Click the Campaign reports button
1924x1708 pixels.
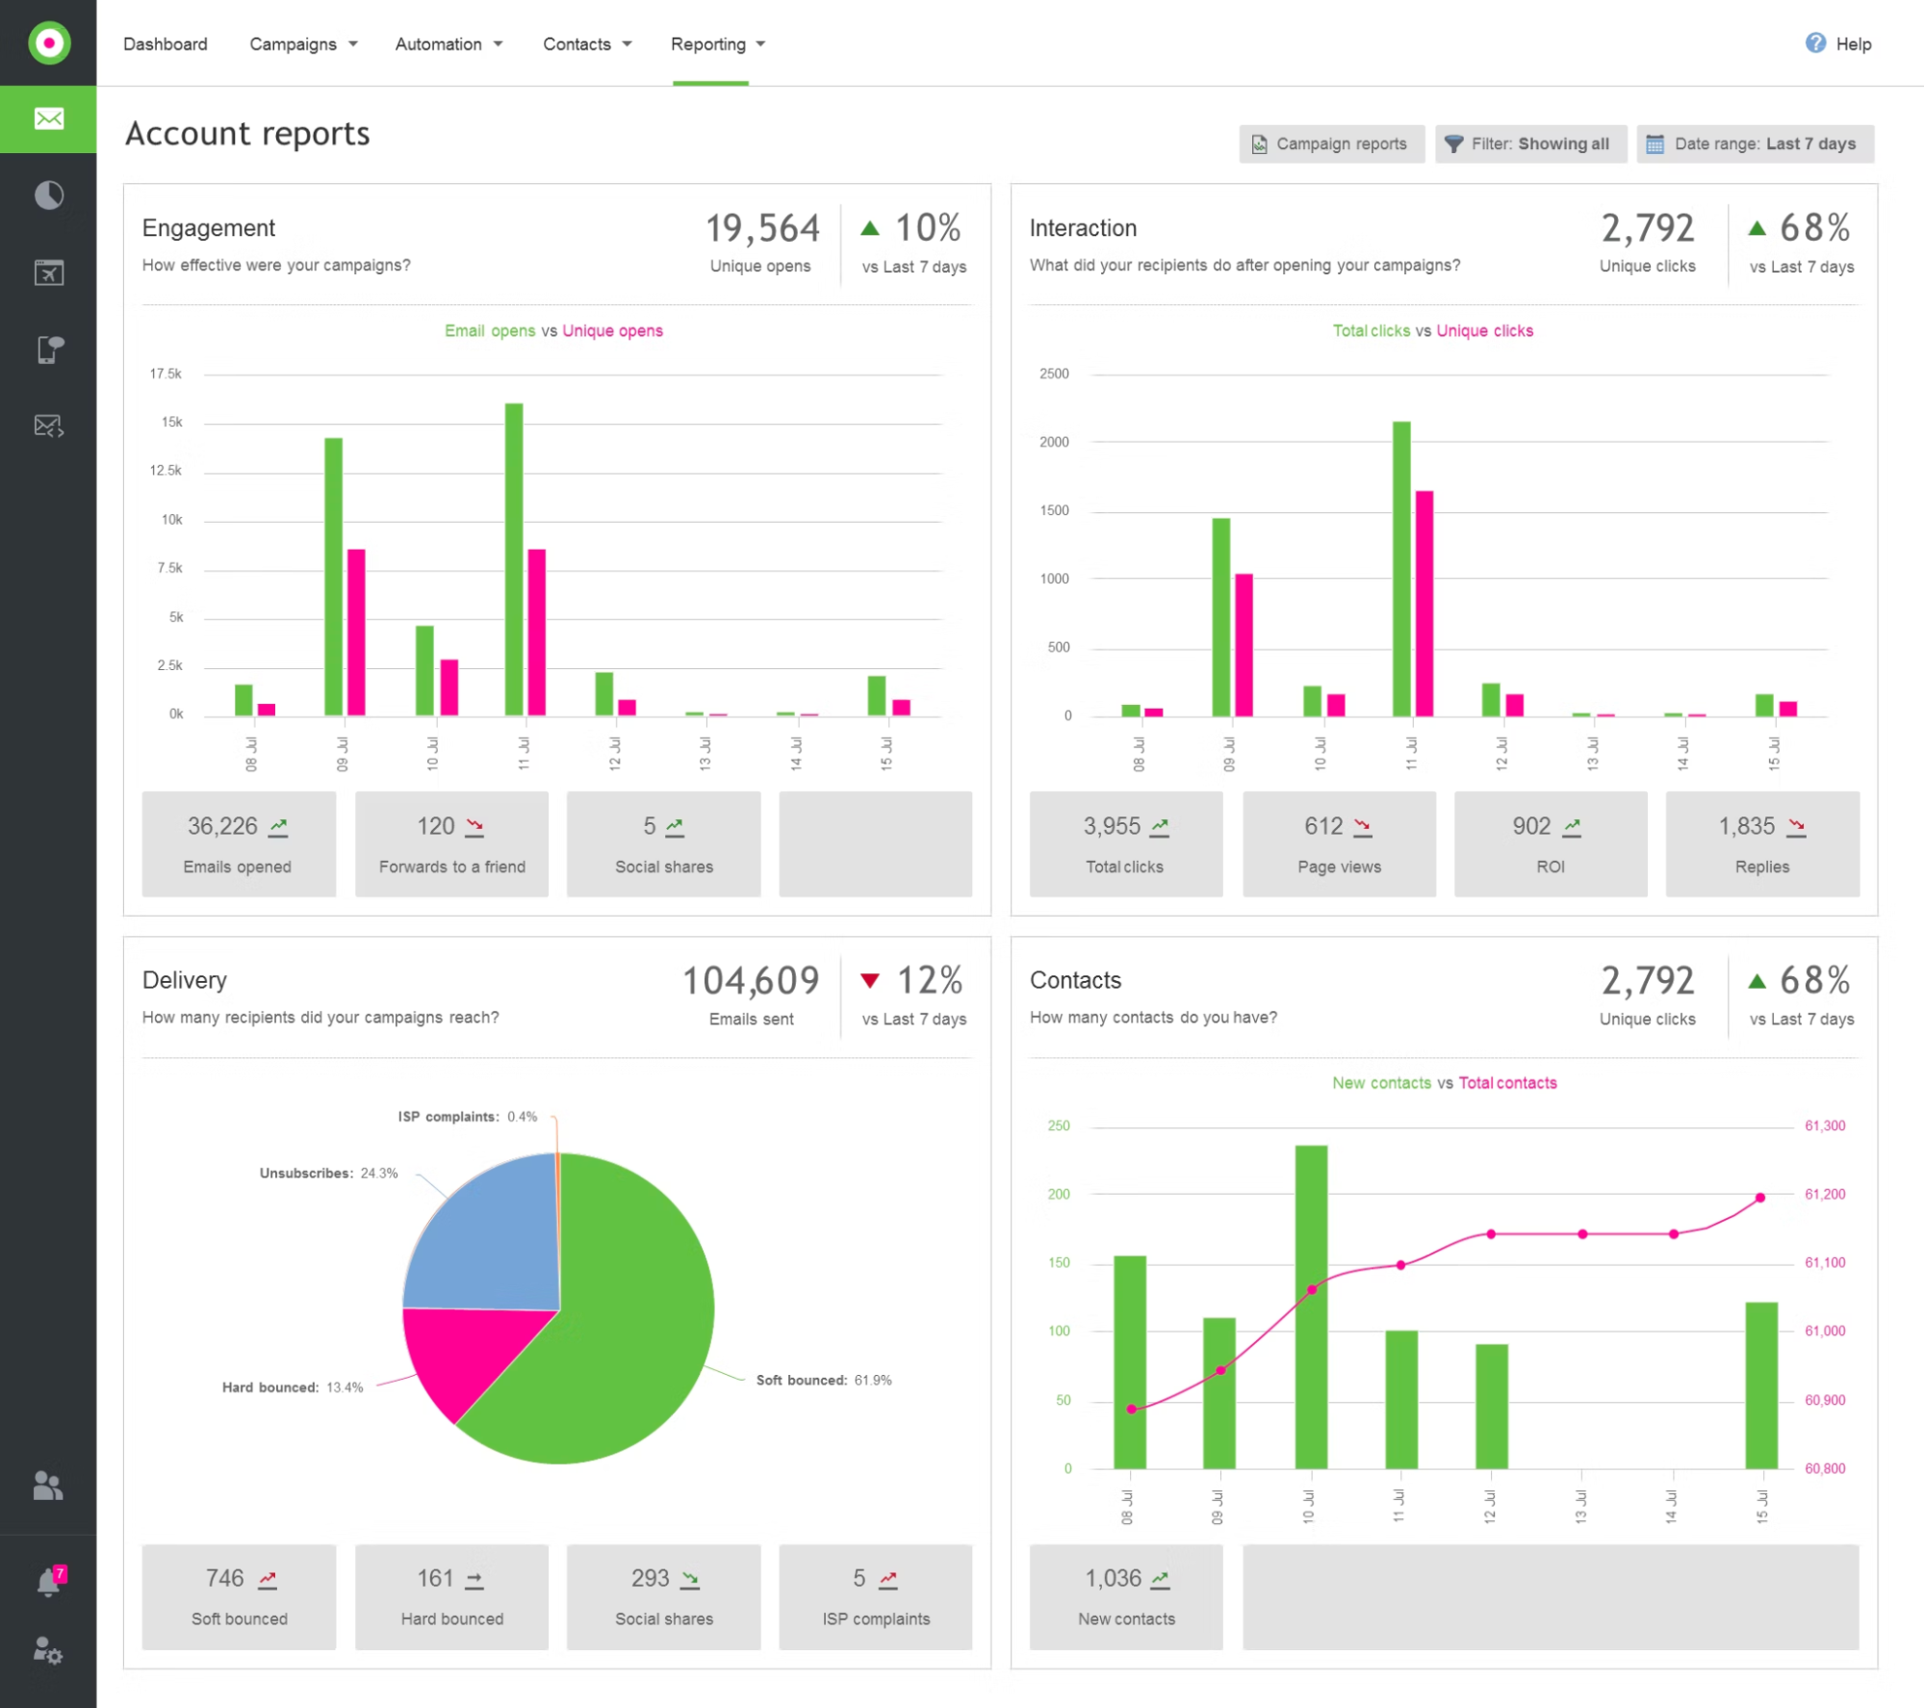tap(1331, 143)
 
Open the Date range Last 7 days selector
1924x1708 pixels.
tap(1755, 143)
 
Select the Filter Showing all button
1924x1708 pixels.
tap(1529, 143)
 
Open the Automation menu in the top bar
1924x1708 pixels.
tap(449, 44)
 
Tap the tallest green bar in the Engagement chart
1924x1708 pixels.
tap(514, 558)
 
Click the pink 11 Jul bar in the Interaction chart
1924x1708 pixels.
tap(1424, 604)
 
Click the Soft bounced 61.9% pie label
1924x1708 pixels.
tap(823, 1381)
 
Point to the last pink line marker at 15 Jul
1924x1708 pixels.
tap(1760, 1198)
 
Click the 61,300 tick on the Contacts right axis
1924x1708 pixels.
tap(1825, 1126)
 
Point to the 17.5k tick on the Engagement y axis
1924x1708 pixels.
tap(166, 374)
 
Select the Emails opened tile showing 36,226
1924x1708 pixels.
tap(239, 844)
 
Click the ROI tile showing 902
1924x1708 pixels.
tap(1551, 844)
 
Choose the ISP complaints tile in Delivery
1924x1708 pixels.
tap(876, 1597)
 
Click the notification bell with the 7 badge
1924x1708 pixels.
tap(48, 1582)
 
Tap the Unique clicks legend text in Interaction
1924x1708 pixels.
tap(1484, 331)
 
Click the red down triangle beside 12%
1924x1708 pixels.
tap(870, 981)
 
